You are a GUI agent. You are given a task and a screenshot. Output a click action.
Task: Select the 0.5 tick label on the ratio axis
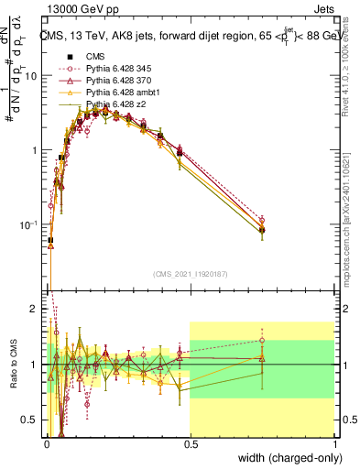[31, 420]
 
